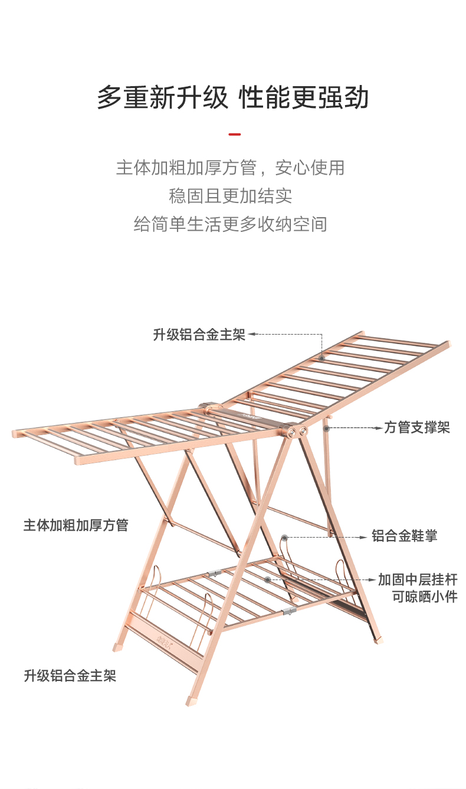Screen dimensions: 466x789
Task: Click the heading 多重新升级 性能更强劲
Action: pos(233,97)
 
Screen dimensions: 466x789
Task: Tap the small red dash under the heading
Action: pos(234,135)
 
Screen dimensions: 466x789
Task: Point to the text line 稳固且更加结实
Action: pos(231,196)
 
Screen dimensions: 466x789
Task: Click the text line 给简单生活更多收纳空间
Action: pos(231,224)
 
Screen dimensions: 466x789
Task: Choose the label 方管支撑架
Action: pos(417,427)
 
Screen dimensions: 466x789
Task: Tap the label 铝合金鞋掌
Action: pos(404,536)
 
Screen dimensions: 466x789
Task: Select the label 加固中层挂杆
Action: pos(418,580)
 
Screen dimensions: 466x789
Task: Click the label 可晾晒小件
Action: pos(425,597)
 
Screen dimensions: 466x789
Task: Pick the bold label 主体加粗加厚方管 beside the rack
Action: pos(76,525)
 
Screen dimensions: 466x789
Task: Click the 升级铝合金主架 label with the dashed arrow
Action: pos(199,335)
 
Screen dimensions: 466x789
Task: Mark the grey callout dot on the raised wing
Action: pos(322,358)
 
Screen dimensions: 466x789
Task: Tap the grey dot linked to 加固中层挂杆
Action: pos(268,580)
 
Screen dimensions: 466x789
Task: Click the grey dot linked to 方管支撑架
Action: pos(326,427)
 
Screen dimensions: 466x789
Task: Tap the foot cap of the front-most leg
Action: pos(191,701)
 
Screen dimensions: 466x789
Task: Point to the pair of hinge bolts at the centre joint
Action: pos(298,433)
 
